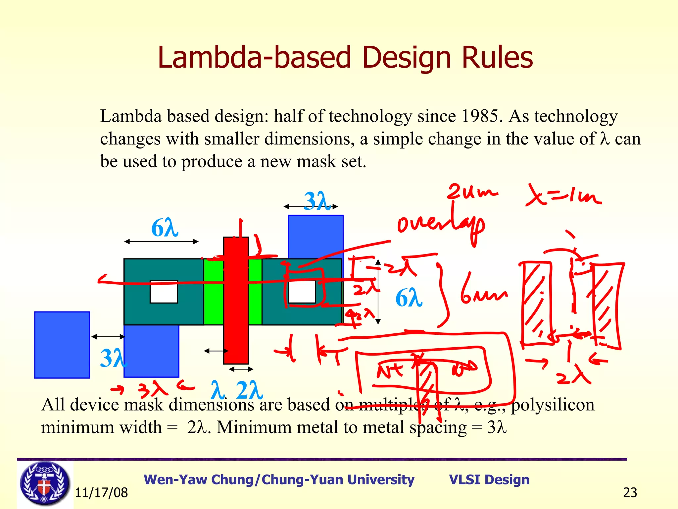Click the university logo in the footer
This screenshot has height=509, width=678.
(45, 483)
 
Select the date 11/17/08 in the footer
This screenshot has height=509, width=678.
(101, 493)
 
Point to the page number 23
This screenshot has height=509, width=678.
(630, 493)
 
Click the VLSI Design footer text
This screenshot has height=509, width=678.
(489, 480)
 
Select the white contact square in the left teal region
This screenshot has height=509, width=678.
(164, 292)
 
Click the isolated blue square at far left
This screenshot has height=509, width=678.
(62, 345)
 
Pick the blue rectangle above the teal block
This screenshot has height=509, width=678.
(315, 235)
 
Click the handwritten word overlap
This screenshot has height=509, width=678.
(440, 225)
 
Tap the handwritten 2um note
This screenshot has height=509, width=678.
(472, 192)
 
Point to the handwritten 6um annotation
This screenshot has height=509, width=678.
(483, 292)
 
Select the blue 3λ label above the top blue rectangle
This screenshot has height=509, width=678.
(317, 201)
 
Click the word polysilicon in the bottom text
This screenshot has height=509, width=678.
(553, 405)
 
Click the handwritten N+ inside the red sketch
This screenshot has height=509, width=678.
(390, 370)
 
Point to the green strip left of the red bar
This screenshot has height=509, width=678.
(214, 292)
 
